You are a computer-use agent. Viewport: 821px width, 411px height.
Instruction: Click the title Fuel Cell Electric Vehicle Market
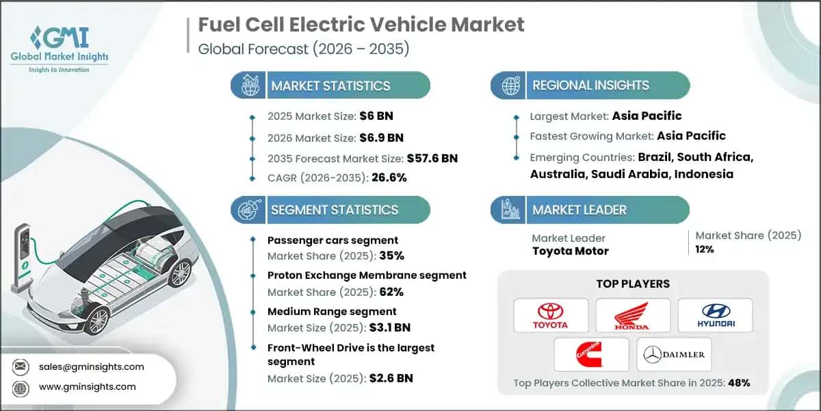361,25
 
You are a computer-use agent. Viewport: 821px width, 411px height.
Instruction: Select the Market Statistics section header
330,86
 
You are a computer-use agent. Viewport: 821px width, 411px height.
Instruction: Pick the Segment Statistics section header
334,210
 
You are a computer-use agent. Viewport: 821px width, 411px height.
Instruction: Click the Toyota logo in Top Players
551,316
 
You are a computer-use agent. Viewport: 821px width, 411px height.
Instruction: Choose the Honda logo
633,316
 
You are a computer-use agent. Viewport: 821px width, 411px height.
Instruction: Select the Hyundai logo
715,316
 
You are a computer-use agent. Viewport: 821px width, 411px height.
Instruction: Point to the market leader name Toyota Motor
570,251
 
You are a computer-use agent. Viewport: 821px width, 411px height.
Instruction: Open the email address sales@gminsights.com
91,366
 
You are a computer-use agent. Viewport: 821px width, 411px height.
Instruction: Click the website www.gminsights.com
87,387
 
